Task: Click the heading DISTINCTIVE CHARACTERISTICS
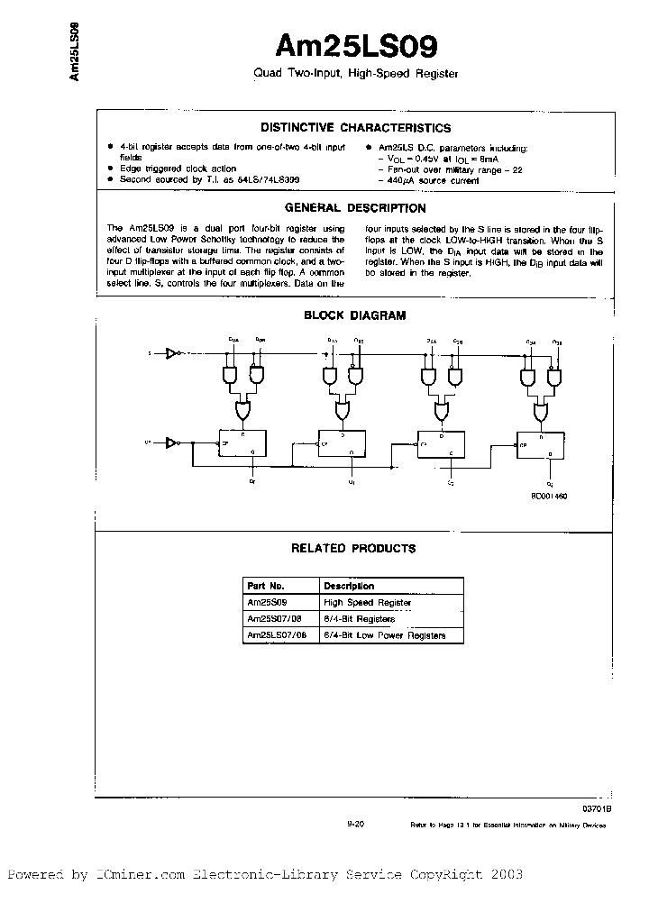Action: pos(355,128)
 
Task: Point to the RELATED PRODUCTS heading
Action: pos(353,548)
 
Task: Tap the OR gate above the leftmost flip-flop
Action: pos(241,411)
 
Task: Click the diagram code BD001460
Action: pos(549,497)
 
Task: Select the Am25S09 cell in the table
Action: pos(265,602)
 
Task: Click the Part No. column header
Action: pos(266,586)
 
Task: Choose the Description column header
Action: pos(349,586)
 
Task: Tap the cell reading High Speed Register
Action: pos(367,602)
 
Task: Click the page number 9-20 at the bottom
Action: pos(354,824)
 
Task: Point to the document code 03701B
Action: pos(597,809)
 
